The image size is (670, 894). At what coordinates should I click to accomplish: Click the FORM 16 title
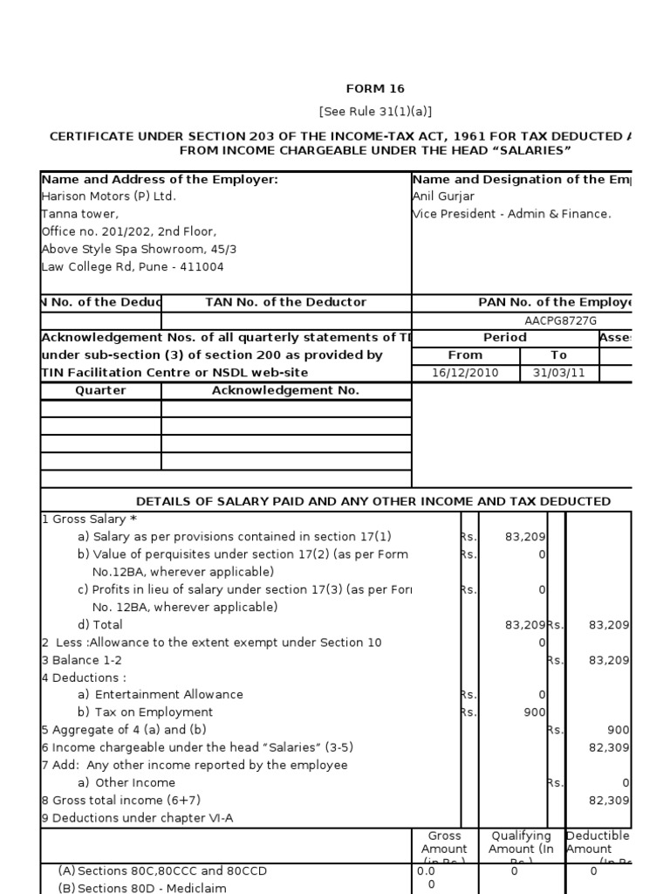pyautogui.click(x=375, y=89)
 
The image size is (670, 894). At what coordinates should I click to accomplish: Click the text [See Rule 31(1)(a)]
pyautogui.click(x=375, y=112)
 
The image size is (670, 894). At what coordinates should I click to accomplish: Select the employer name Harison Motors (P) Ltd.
pyautogui.click(x=109, y=196)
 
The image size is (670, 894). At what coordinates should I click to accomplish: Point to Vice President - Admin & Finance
pyautogui.click(x=512, y=214)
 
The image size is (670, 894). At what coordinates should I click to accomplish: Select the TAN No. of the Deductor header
pyautogui.click(x=285, y=302)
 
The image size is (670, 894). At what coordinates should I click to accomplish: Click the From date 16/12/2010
pyautogui.click(x=464, y=373)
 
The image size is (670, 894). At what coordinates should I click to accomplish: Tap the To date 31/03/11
pyautogui.click(x=559, y=373)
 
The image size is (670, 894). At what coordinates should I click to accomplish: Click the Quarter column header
pyautogui.click(x=100, y=390)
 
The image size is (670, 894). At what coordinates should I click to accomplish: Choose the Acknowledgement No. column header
pyautogui.click(x=285, y=390)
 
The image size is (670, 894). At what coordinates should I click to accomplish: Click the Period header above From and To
pyautogui.click(x=504, y=337)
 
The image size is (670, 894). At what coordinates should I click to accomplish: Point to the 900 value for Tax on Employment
pyautogui.click(x=534, y=712)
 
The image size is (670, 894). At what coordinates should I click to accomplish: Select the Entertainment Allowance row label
pyautogui.click(x=161, y=695)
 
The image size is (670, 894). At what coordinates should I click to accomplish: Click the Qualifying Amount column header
pyautogui.click(x=521, y=842)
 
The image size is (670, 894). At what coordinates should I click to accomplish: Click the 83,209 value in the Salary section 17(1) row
pyautogui.click(x=525, y=537)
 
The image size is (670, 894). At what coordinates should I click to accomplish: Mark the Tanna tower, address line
pyautogui.click(x=80, y=214)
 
